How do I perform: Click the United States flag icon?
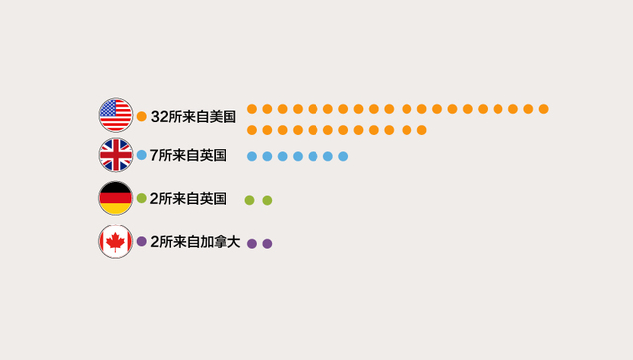(x=115, y=115)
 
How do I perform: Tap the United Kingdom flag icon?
(x=115, y=155)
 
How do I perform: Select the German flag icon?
(x=115, y=199)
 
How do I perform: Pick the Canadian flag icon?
(x=115, y=241)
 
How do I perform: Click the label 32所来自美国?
(x=194, y=116)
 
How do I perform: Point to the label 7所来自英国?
(x=188, y=155)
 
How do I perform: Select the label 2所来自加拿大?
(x=196, y=241)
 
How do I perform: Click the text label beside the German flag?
(x=188, y=199)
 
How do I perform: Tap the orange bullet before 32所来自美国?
(x=142, y=116)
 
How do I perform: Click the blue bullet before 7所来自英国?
(x=142, y=155)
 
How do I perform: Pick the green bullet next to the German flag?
(x=142, y=199)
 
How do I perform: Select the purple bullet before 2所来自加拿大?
(x=142, y=241)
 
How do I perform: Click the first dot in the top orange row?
(x=252, y=109)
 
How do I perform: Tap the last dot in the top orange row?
(x=544, y=109)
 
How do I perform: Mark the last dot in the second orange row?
(x=421, y=130)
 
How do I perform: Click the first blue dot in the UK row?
(x=252, y=156)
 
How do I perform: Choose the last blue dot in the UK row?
(x=343, y=156)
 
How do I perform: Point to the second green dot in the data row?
(x=267, y=200)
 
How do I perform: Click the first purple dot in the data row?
(x=252, y=243)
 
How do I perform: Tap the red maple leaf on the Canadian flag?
(x=115, y=241)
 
